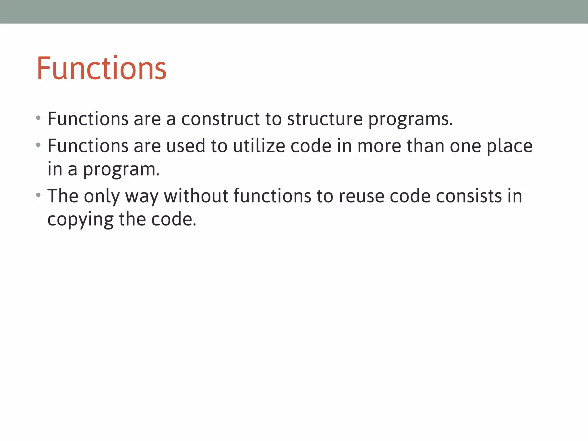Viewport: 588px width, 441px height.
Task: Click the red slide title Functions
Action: pyautogui.click(x=101, y=68)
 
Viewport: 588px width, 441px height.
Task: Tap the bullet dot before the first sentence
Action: pyautogui.click(x=38, y=118)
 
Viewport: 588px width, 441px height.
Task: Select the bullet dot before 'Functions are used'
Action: pyautogui.click(x=38, y=145)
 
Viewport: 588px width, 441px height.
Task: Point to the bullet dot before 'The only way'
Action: pyautogui.click(x=38, y=195)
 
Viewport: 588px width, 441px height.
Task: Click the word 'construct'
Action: pyautogui.click(x=220, y=119)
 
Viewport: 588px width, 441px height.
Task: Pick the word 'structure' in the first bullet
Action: pyautogui.click(x=325, y=119)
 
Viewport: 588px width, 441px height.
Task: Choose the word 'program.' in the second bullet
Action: pyautogui.click(x=121, y=170)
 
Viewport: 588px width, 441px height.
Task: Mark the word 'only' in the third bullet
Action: pyautogui.click(x=102, y=197)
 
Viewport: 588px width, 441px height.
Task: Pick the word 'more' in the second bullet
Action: pyautogui.click(x=379, y=146)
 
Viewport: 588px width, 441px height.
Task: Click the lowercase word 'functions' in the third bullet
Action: pyautogui.click(x=272, y=196)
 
